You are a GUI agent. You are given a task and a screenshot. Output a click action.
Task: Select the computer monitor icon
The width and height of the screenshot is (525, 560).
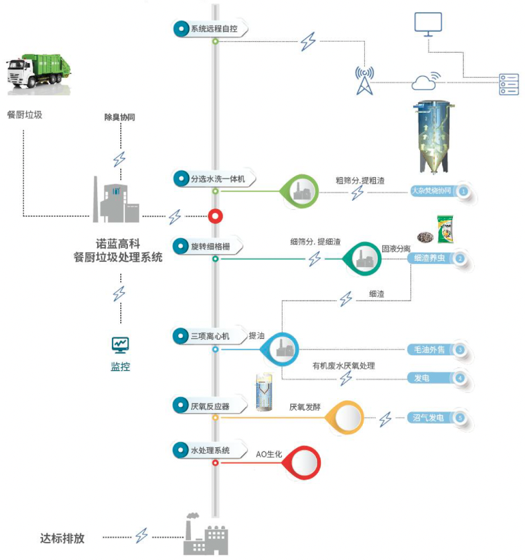428,24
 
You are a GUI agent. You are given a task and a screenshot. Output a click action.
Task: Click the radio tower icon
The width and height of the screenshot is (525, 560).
364,80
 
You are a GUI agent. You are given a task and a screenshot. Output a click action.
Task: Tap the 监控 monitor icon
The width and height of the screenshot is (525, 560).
120,344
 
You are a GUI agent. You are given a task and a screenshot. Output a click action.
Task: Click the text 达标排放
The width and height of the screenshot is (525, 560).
62,537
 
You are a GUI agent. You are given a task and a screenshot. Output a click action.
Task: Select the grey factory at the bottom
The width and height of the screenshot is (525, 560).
205,536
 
